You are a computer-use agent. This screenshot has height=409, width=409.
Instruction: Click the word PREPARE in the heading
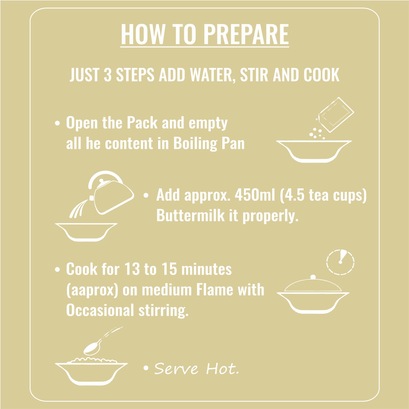(246, 34)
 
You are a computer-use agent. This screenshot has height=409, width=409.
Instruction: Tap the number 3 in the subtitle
(107, 75)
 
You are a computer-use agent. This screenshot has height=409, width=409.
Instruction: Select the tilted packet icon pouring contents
(335, 115)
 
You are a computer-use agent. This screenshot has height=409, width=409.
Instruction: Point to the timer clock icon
(340, 262)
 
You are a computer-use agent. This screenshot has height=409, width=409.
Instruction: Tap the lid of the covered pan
(313, 284)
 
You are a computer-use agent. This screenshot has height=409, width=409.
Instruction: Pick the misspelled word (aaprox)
(92, 290)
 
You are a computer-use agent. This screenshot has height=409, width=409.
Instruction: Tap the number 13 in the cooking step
(132, 269)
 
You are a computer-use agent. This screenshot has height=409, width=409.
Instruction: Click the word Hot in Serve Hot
(222, 369)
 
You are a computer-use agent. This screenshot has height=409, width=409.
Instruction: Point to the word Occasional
(100, 310)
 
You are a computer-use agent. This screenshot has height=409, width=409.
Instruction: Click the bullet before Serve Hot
(146, 368)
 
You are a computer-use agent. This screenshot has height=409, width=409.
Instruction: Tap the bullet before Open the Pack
(57, 123)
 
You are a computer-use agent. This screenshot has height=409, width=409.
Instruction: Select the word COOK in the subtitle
(321, 75)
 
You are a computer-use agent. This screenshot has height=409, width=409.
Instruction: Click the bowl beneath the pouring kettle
(86, 232)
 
